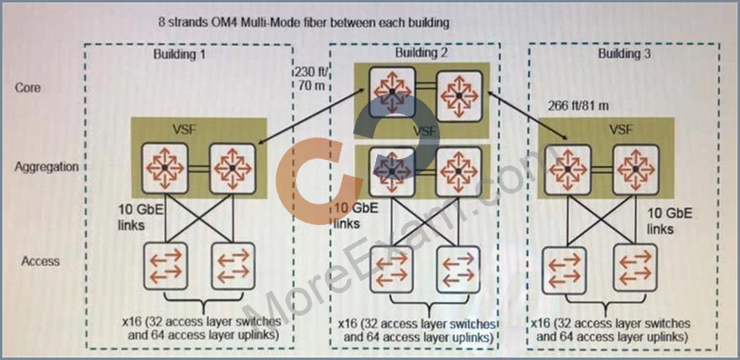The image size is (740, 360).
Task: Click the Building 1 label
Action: [x=179, y=54]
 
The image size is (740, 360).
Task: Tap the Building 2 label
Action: [x=420, y=53]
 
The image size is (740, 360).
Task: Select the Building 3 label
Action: [x=624, y=53]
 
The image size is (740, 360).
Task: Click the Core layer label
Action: [x=27, y=88]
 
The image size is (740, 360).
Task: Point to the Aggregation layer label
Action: [x=47, y=167]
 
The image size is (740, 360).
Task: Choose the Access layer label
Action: [x=40, y=261]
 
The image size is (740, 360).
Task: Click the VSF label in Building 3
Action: [x=621, y=129]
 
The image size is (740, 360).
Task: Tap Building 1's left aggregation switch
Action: [x=164, y=168]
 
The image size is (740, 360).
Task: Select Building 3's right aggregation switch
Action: [x=635, y=169]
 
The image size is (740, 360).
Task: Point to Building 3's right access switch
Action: [x=634, y=268]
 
